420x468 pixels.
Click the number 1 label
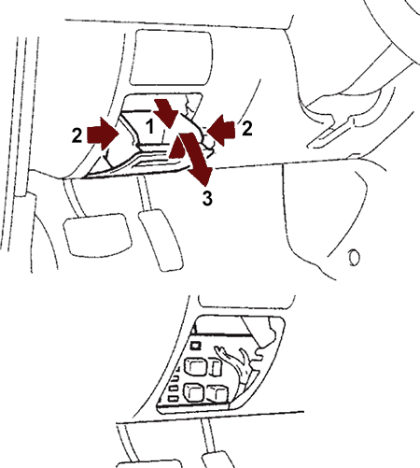tap(150, 127)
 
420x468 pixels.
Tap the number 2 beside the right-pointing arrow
tap(77, 135)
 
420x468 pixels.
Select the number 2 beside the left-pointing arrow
tap(246, 128)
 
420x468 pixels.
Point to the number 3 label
tap(207, 198)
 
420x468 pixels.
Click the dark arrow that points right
tap(103, 135)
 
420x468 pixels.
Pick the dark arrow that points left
tap(221, 130)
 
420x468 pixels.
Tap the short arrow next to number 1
tap(166, 113)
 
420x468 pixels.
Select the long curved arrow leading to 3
tap(197, 158)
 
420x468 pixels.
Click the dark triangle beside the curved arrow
tap(177, 148)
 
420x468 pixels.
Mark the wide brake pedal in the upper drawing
tap(97, 235)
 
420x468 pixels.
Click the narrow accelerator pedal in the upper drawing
tap(161, 240)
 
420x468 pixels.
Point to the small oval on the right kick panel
tap(354, 258)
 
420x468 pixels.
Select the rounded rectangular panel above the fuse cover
tap(171, 57)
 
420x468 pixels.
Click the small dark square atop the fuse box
tap(195, 345)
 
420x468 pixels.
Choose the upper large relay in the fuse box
tap(194, 366)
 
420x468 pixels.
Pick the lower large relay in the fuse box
tap(194, 391)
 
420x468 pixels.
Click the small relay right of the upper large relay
tap(216, 367)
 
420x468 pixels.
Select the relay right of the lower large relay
tap(217, 393)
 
